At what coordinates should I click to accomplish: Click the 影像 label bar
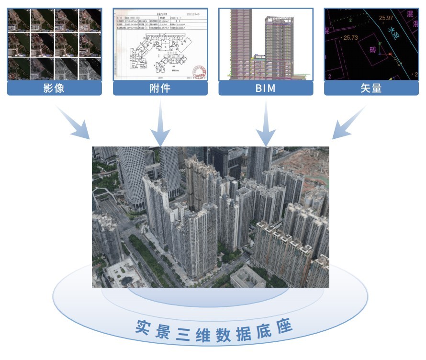(x=54, y=88)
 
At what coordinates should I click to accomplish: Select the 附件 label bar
(x=160, y=88)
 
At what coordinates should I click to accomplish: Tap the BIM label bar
(x=266, y=88)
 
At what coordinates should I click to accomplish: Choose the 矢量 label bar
(x=371, y=88)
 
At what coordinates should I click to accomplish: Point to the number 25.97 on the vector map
(x=386, y=18)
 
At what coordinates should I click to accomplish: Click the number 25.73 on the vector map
(x=351, y=37)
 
